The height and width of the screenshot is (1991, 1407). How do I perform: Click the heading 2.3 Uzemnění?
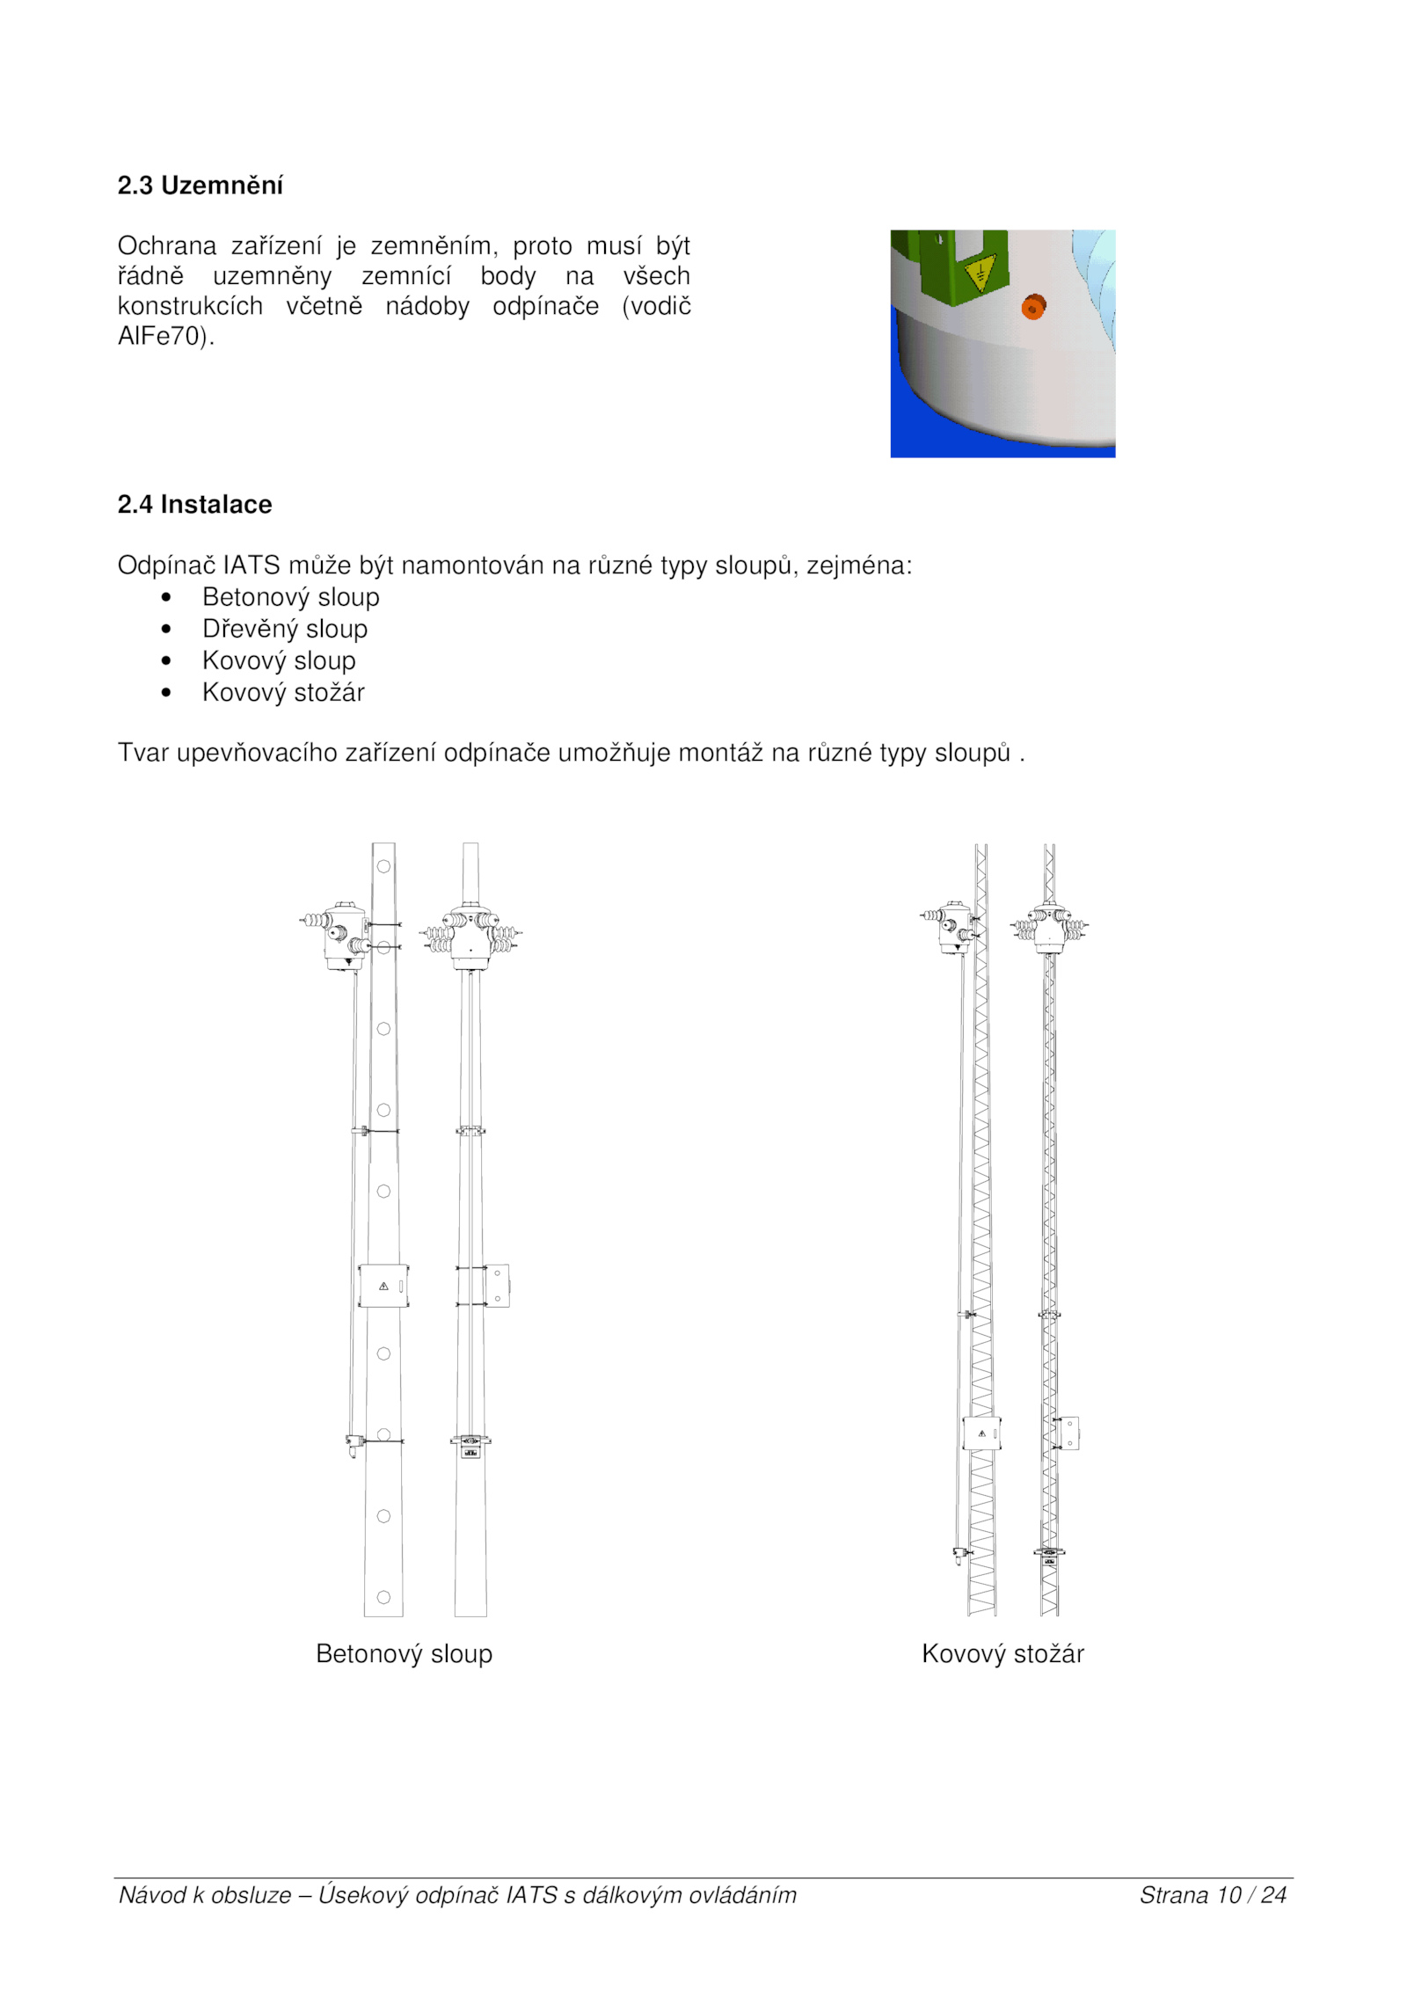pos(200,186)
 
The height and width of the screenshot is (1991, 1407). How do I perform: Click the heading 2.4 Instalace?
pos(194,505)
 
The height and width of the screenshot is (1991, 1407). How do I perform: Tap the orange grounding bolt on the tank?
pos(1032,307)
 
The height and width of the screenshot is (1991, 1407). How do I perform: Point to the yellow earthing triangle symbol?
pos(979,274)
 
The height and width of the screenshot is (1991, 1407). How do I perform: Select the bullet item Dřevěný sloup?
pos(284,629)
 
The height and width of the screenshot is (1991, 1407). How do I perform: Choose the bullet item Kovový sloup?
pos(279,660)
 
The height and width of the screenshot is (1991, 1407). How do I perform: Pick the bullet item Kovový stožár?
pos(283,692)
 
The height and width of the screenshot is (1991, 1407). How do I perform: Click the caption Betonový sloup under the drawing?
pos(404,1653)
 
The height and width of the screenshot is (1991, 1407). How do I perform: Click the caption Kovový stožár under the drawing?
pos(1002,1653)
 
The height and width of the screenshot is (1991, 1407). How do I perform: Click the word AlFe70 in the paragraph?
pos(162,337)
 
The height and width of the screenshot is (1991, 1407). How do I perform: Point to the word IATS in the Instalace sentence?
pos(252,565)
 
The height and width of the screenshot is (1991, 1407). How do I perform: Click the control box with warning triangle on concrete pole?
pos(383,1286)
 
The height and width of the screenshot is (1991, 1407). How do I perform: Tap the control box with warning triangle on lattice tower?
pos(981,1433)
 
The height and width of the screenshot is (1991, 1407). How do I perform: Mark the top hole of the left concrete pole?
pos(383,866)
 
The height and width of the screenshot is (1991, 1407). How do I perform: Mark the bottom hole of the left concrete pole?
pos(383,1597)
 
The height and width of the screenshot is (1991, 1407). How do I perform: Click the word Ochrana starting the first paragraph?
pos(167,245)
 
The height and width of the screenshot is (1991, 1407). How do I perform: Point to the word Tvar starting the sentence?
pos(142,753)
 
